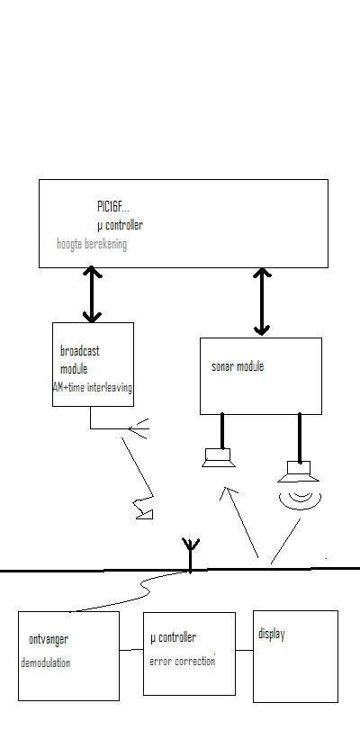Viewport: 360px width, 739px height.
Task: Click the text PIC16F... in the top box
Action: pyautogui.click(x=112, y=206)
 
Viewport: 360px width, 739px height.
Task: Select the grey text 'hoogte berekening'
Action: pyautogui.click(x=92, y=244)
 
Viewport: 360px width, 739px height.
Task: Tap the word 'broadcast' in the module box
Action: pyautogui.click(x=79, y=351)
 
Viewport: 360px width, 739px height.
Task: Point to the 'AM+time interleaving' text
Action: pyautogui.click(x=93, y=388)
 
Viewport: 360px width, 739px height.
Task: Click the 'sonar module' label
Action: pyautogui.click(x=238, y=366)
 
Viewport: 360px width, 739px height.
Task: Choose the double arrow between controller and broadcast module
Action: pyautogui.click(x=92, y=294)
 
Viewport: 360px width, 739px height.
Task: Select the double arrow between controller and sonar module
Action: pyautogui.click(x=262, y=302)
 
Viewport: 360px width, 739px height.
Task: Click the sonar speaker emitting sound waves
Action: pyautogui.click(x=299, y=472)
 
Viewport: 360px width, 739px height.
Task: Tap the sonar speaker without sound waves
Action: pyautogui.click(x=218, y=457)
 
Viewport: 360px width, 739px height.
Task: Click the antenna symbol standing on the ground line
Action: pyautogui.click(x=191, y=555)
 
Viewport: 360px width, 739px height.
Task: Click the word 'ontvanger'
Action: pyautogui.click(x=49, y=640)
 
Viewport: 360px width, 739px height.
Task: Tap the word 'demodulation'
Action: pyautogui.click(x=46, y=662)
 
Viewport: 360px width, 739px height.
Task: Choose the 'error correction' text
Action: pyautogui.click(x=183, y=662)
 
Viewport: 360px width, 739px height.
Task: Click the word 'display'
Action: pyautogui.click(x=272, y=635)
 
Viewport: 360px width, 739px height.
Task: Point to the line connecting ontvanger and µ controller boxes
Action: pyautogui.click(x=131, y=650)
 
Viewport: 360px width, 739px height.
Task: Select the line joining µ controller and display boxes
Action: pyautogui.click(x=244, y=651)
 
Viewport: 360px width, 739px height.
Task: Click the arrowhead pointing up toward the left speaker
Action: pyautogui.click(x=228, y=492)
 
